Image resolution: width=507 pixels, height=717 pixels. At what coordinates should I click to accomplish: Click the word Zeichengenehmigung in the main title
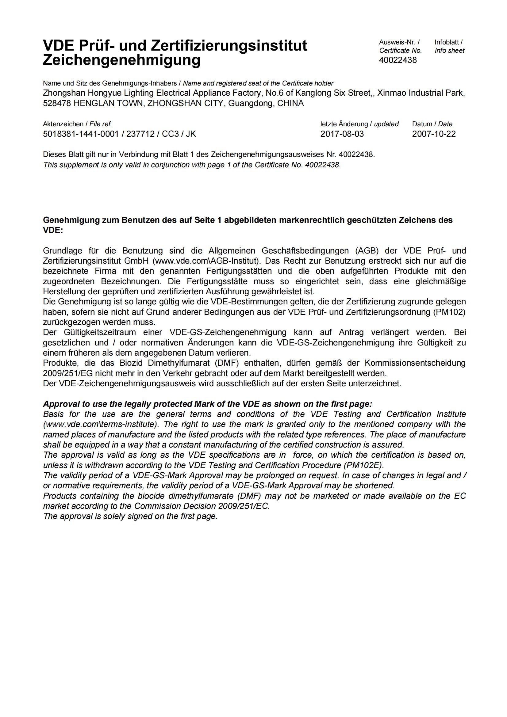(121, 60)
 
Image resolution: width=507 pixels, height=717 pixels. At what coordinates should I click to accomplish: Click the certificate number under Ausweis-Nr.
(398, 60)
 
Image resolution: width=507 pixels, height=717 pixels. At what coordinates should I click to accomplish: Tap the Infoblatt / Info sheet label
(449, 46)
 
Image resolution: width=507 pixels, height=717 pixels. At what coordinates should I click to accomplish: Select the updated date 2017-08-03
(342, 134)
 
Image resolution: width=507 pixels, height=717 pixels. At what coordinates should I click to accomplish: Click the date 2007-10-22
(434, 134)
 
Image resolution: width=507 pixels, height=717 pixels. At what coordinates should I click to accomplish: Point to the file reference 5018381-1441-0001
(81, 134)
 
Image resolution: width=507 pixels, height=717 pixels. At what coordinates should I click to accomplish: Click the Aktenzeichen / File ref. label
(77, 124)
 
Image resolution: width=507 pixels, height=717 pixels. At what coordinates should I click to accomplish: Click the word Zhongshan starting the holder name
(64, 93)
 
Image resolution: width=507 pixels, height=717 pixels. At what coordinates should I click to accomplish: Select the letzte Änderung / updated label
(359, 124)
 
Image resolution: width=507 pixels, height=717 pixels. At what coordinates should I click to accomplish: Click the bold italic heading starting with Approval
(207, 404)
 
